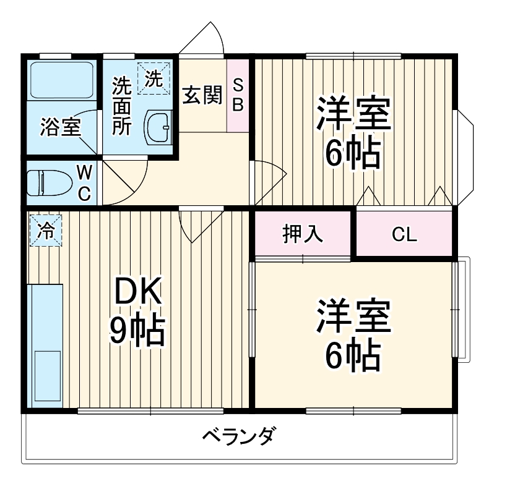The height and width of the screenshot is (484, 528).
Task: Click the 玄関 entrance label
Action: (202, 96)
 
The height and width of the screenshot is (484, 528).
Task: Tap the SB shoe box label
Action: (238, 95)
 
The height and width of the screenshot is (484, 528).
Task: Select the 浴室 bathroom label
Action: (60, 127)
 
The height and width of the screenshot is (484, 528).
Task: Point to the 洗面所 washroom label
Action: (122, 106)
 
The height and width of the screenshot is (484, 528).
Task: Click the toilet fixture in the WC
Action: (46, 182)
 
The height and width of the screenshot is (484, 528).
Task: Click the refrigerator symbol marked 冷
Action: (45, 230)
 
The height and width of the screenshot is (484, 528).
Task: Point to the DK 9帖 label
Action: (137, 312)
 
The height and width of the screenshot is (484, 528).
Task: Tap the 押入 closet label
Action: (303, 234)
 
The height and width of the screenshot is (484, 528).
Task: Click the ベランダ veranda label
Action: (238, 436)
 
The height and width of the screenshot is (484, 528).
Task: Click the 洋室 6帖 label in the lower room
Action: (353, 334)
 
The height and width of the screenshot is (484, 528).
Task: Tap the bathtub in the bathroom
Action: (61, 80)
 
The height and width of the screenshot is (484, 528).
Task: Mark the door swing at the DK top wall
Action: (199, 225)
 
